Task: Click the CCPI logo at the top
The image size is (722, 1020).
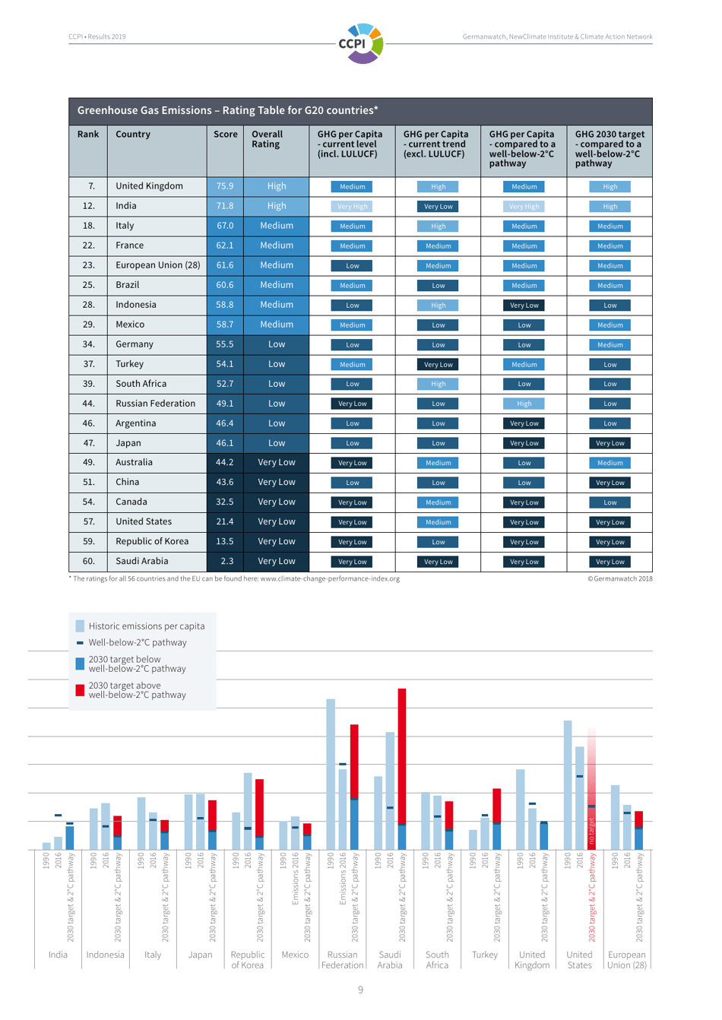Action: click(x=361, y=43)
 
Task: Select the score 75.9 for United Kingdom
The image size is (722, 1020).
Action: click(x=225, y=186)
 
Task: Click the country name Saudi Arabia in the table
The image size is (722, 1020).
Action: click(x=142, y=562)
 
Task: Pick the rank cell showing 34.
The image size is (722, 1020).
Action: click(x=89, y=344)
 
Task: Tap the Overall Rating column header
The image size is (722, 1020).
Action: click(x=267, y=139)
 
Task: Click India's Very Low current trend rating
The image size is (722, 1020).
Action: click(x=439, y=207)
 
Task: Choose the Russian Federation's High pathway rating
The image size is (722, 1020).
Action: click(x=524, y=404)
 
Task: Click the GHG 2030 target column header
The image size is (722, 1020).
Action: click(x=610, y=148)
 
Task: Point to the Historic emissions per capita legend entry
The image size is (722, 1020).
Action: click(x=146, y=626)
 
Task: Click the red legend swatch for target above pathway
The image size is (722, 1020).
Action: click(x=81, y=690)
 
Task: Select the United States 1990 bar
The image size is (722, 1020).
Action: click(x=568, y=783)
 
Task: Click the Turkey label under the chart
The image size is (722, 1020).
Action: click(x=485, y=955)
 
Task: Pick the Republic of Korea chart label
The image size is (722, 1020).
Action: click(x=248, y=960)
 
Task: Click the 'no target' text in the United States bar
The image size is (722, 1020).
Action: click(x=592, y=832)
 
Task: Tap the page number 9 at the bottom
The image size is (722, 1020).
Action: click(x=360, y=990)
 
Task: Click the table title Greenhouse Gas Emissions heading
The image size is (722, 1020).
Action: click(x=228, y=111)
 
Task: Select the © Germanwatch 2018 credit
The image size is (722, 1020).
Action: click(x=619, y=579)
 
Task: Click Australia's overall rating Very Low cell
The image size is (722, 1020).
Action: click(x=277, y=463)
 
